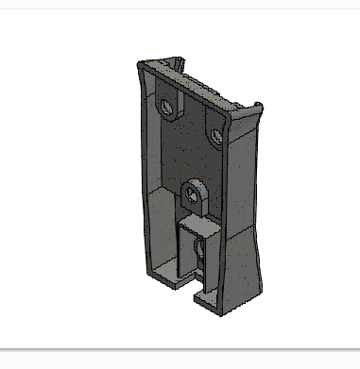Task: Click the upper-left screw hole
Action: pyautogui.click(x=168, y=106)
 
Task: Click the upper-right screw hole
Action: pyautogui.click(x=218, y=136)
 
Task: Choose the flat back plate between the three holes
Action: pyautogui.click(x=189, y=151)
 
